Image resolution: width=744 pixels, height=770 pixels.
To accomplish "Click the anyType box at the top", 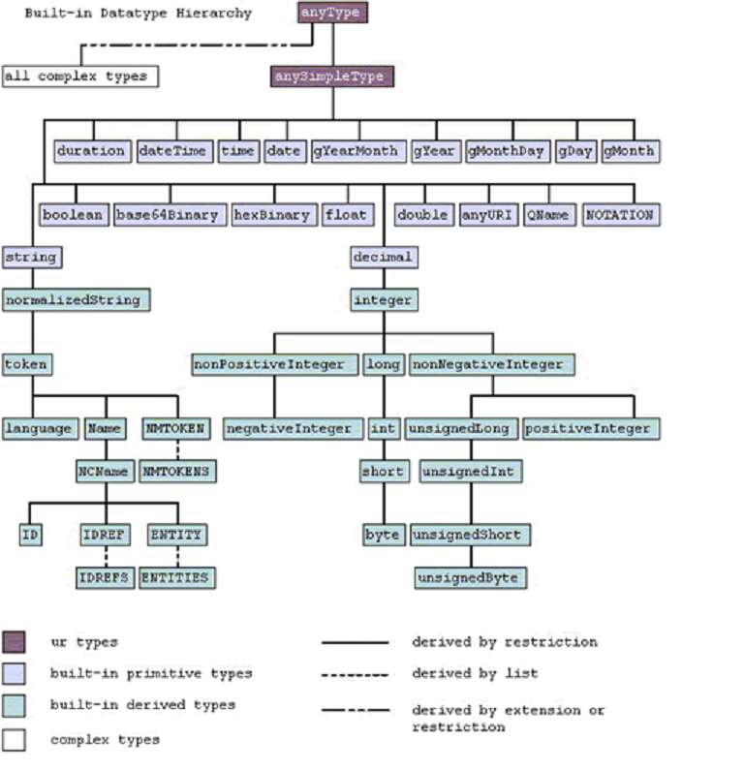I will pyautogui.click(x=332, y=14).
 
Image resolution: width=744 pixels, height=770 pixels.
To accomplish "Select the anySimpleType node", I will pyautogui.click(x=331, y=77).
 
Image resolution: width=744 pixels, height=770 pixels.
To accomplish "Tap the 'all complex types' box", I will pyautogui.click(x=79, y=76).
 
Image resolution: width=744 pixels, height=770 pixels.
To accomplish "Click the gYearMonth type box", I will pyautogui.click(x=356, y=151).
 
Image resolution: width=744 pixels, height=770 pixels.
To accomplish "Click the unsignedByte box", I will pyautogui.click(x=470, y=578).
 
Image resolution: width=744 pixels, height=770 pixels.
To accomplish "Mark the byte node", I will pyautogui.click(x=383, y=535).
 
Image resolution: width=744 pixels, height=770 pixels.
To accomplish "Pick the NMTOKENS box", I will pyautogui.click(x=176, y=471).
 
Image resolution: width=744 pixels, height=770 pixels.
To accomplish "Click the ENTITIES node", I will pyautogui.click(x=175, y=578).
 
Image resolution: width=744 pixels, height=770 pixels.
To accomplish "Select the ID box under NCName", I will pyautogui.click(x=30, y=535).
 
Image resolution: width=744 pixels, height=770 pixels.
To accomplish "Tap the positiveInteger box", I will pyautogui.click(x=591, y=428).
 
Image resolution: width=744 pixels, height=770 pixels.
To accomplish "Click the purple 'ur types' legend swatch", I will pyautogui.click(x=15, y=642).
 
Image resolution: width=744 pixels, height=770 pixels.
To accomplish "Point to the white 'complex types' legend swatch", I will pyautogui.click(x=15, y=740).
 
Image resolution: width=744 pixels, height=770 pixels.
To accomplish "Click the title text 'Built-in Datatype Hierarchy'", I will pyautogui.click(x=138, y=14).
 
